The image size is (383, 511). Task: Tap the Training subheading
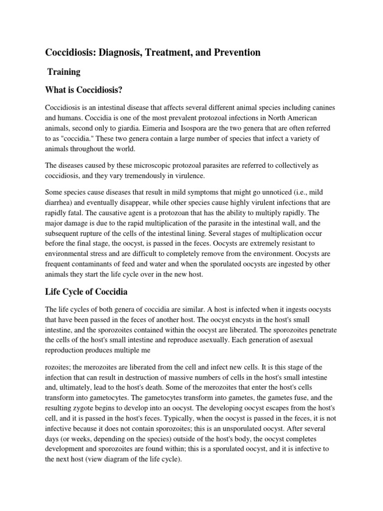(x=63, y=72)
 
